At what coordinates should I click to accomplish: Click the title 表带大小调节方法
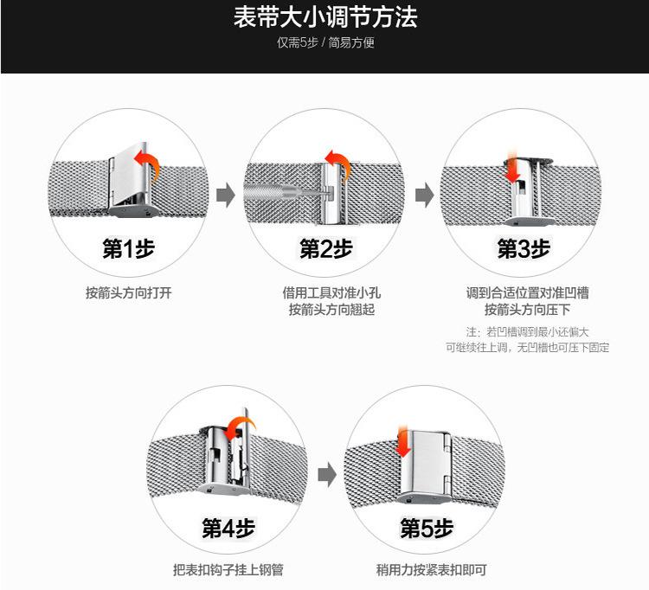click(x=324, y=18)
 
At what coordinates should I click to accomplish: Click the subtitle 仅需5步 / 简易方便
click(x=324, y=43)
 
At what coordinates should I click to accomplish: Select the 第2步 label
click(x=326, y=249)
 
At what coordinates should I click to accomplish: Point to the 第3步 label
click(x=523, y=249)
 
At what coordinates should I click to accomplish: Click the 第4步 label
click(x=228, y=528)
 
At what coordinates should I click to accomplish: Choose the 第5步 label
click(x=426, y=528)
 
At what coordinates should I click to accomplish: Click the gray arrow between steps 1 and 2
click(x=226, y=196)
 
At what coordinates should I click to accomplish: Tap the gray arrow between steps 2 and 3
click(x=424, y=196)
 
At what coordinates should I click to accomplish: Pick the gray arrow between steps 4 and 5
click(x=325, y=474)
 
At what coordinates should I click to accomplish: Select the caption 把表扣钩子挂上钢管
click(x=228, y=570)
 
